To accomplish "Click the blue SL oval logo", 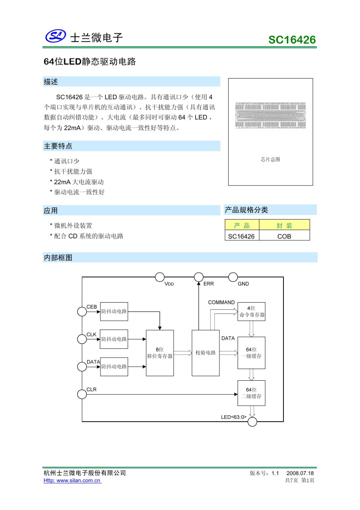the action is pyautogui.click(x=56, y=36).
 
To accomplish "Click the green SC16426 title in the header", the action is pyautogui.click(x=292, y=40).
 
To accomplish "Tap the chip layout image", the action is pyautogui.click(x=270, y=115).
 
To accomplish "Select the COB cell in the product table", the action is pyautogui.click(x=284, y=236).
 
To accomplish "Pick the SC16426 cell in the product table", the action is pyautogui.click(x=241, y=236).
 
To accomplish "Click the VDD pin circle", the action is pyautogui.click(x=160, y=277).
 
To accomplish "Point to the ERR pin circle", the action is pyautogui.click(x=199, y=277).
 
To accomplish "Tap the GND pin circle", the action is pyautogui.click(x=233, y=277).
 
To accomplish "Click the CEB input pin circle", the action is pyautogui.click(x=82, y=311).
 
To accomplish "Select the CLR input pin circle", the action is pyautogui.click(x=82, y=394).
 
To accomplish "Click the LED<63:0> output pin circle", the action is pyautogui.click(x=252, y=422).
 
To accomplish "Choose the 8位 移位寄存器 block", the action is pyautogui.click(x=160, y=353).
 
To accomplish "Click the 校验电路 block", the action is pyautogui.click(x=206, y=353).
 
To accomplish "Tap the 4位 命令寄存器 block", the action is pyautogui.click(x=252, y=311).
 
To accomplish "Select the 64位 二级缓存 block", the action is pyautogui.click(x=252, y=393).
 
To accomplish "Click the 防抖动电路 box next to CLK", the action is pyautogui.click(x=114, y=339).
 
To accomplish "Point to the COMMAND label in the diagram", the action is pyautogui.click(x=221, y=302).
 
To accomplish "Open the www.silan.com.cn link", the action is pyautogui.click(x=72, y=481).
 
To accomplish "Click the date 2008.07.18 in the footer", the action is pyautogui.click(x=300, y=473).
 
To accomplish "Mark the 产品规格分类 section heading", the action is pyautogui.click(x=246, y=210).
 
